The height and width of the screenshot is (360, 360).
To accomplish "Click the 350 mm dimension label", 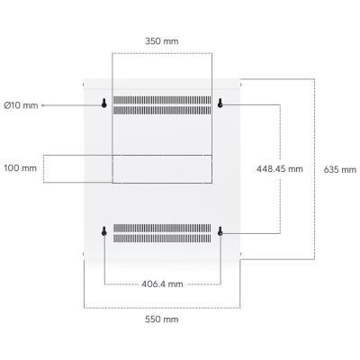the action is tap(162, 41).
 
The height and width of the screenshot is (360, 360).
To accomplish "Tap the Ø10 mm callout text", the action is tap(21, 105).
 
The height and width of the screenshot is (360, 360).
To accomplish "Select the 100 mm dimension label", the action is tap(21, 168).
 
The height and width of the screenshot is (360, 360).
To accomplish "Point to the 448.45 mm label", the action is tap(280, 169).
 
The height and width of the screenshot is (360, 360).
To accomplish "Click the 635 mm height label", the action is tap(340, 170).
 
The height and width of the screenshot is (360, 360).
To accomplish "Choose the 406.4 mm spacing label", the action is tap(162, 283).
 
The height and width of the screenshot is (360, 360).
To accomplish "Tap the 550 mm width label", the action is tap(162, 319).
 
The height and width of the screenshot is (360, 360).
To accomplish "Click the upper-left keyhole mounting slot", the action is tap(104, 103).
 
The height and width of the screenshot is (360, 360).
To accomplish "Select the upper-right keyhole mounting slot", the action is tap(220, 103).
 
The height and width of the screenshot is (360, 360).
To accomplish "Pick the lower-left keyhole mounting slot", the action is tap(104, 231).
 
